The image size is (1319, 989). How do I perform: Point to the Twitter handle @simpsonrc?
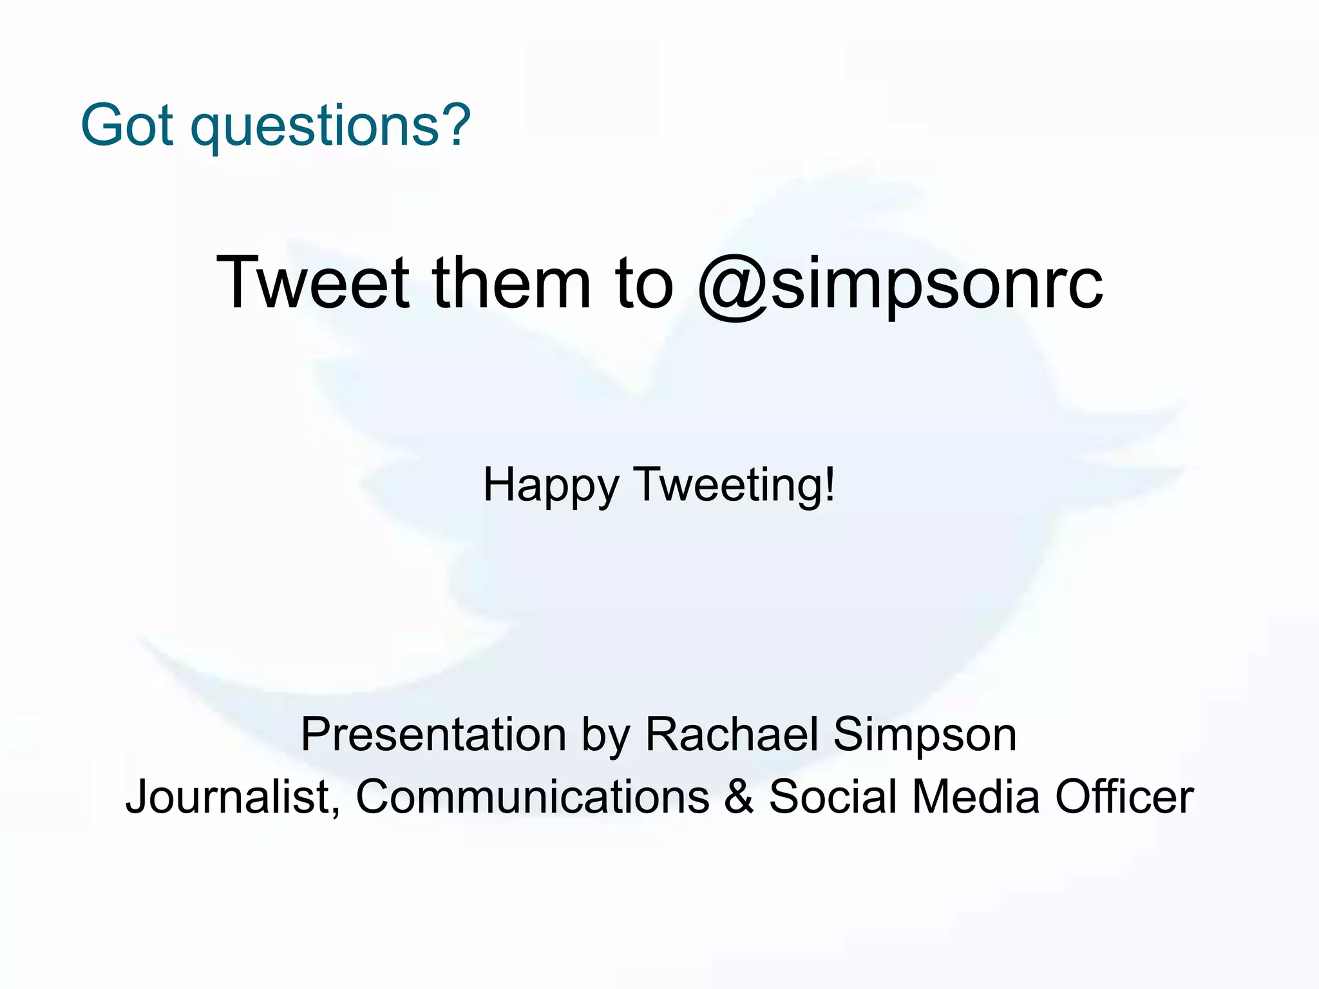click(x=900, y=285)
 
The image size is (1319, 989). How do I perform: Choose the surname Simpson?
click(x=925, y=736)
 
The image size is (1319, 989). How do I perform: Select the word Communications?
click(x=533, y=796)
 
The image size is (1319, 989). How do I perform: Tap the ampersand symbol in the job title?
click(x=739, y=796)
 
